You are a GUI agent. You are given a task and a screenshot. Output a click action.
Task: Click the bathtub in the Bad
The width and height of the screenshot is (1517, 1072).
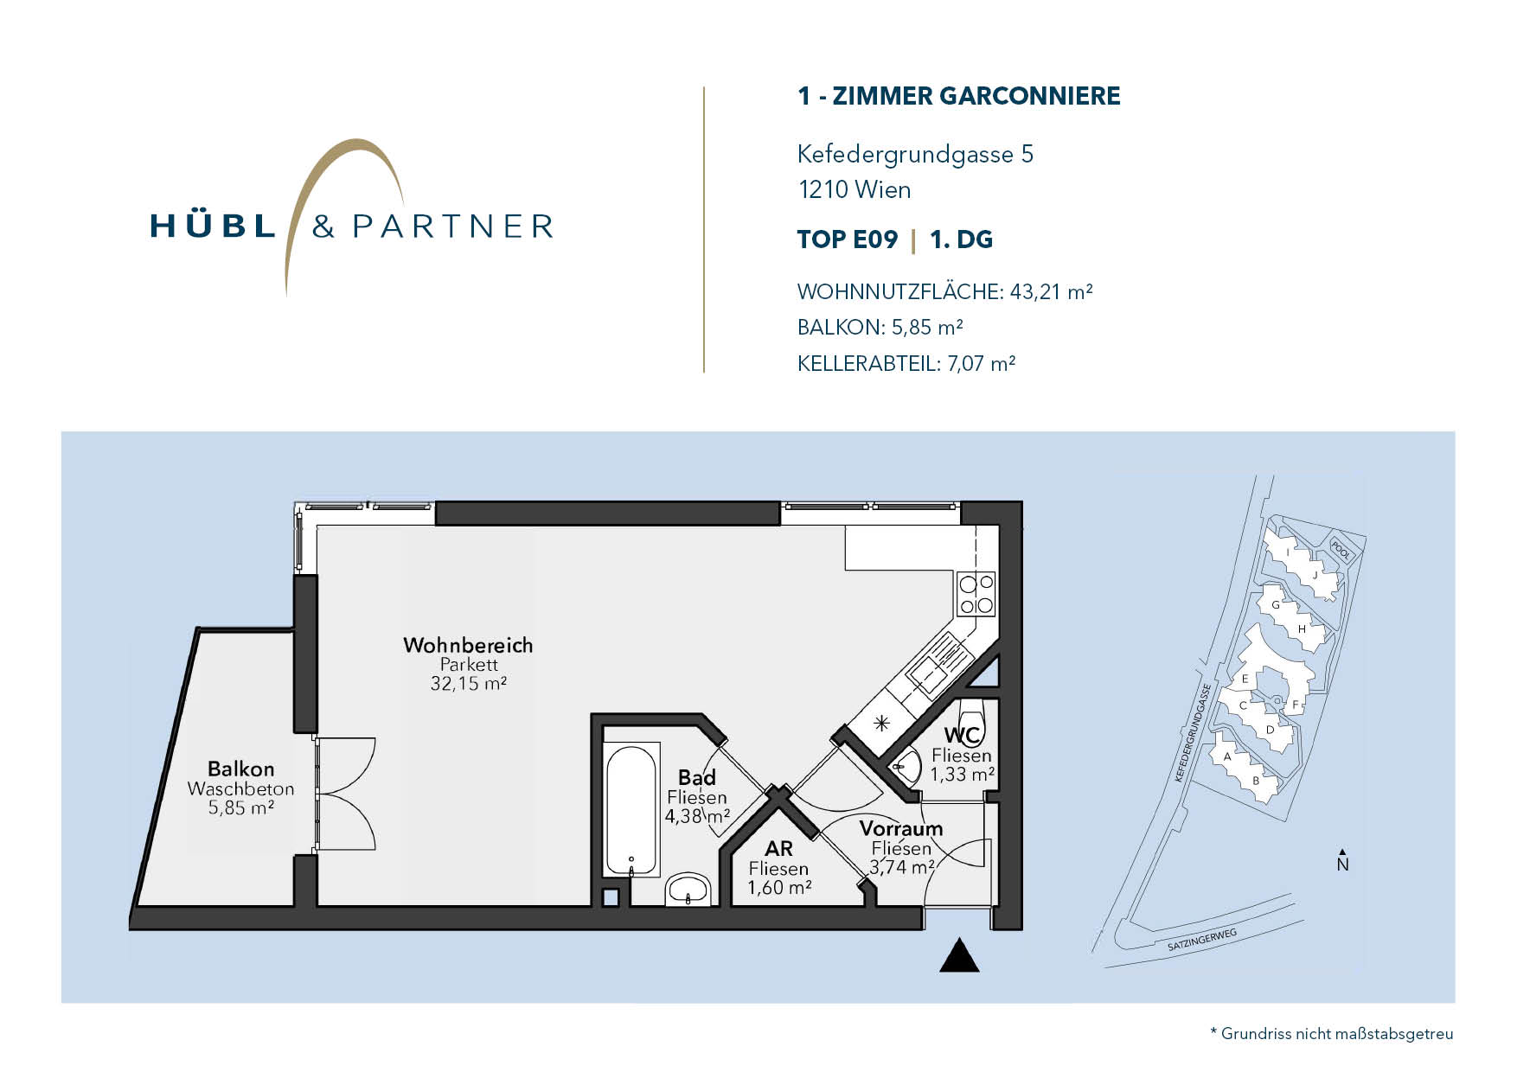[x=631, y=809]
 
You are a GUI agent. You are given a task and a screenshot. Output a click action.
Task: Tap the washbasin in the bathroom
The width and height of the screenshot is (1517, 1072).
[x=688, y=890]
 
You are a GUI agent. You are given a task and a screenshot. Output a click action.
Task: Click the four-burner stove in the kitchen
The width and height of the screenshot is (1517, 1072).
[x=976, y=594]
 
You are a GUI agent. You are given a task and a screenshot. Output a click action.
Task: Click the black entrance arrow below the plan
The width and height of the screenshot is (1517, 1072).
[x=959, y=955]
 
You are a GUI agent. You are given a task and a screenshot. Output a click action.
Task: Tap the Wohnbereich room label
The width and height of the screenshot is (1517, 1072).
[x=468, y=645]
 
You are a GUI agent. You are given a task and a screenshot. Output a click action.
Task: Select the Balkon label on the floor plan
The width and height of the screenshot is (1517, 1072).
[x=240, y=769]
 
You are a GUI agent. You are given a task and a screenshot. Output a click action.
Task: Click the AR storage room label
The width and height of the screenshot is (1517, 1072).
[x=778, y=849]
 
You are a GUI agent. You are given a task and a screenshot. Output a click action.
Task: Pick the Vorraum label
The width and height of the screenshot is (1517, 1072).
[x=900, y=828]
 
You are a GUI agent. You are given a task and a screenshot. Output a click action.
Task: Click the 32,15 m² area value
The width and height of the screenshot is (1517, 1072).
[x=468, y=683]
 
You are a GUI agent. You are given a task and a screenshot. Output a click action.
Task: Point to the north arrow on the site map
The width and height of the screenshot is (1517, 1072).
[x=1342, y=859]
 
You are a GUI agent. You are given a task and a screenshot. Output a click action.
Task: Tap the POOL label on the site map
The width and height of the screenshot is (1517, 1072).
[x=1341, y=548]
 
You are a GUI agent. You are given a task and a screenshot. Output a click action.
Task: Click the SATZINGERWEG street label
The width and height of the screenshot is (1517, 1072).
[x=1203, y=940]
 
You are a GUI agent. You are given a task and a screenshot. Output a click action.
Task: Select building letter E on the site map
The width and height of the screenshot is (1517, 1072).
[x=1245, y=679]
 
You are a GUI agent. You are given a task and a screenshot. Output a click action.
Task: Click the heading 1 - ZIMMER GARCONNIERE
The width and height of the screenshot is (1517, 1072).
[x=958, y=96]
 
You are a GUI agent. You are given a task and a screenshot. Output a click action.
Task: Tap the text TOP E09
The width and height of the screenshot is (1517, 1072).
[x=848, y=239]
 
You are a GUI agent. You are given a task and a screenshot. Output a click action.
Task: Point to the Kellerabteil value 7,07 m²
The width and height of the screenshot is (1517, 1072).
[x=981, y=363]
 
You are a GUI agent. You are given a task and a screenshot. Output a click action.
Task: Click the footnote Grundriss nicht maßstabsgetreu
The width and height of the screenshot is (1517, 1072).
[x=1337, y=1034]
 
